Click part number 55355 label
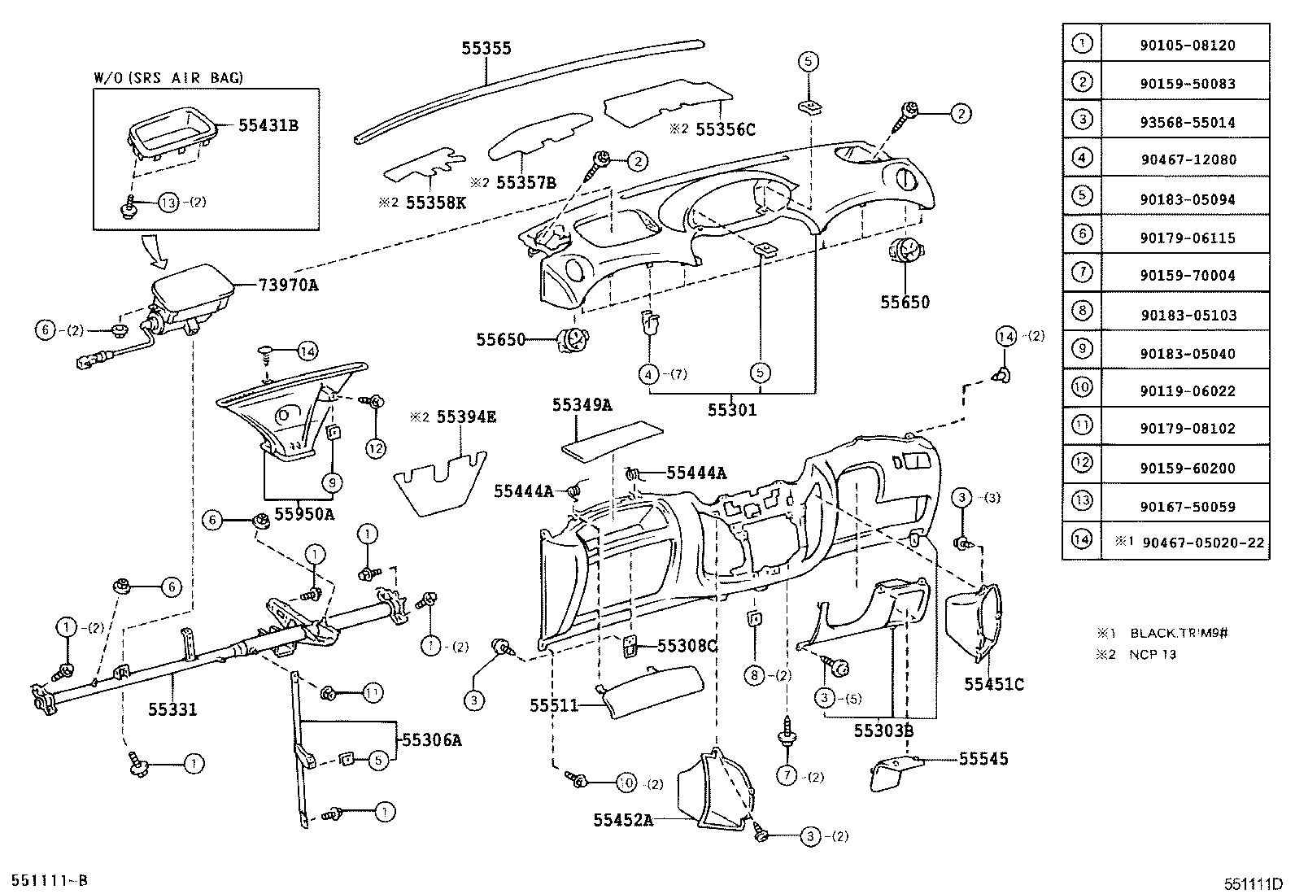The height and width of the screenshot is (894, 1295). tap(486, 48)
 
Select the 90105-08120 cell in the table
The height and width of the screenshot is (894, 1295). tap(1187, 46)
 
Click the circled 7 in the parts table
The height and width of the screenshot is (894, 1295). tap(1081, 273)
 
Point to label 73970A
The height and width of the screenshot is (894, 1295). tap(288, 285)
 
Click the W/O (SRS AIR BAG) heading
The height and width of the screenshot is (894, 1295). tap(168, 78)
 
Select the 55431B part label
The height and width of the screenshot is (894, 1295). tap(268, 125)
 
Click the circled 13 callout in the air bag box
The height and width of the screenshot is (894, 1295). tap(168, 203)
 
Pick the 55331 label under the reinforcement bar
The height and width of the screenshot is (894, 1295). tap(172, 709)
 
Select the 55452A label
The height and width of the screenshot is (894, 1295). tap(622, 820)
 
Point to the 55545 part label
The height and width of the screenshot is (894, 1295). tap(983, 759)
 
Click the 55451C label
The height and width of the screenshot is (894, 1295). tap(994, 684)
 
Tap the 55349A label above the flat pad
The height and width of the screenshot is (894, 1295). tap(582, 404)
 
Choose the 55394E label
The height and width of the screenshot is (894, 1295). tap(465, 417)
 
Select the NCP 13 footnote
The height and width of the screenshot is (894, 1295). tap(1153, 654)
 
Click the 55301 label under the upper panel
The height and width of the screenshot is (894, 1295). tap(731, 410)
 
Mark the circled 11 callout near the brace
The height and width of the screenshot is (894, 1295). tap(372, 693)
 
